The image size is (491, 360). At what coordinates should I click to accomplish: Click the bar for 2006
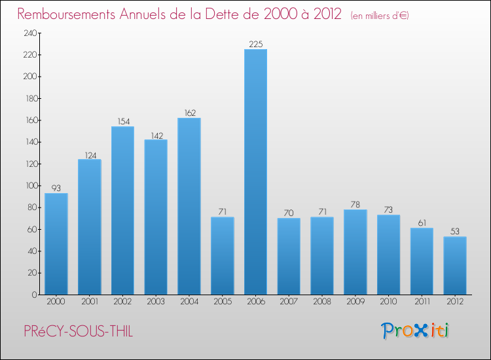[255, 171]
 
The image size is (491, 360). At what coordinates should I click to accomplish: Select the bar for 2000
[56, 243]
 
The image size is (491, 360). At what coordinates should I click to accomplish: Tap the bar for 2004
[189, 206]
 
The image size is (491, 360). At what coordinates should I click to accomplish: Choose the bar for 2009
[355, 252]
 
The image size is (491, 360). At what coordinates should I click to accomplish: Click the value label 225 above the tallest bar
[255, 45]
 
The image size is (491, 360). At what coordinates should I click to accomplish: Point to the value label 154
[122, 122]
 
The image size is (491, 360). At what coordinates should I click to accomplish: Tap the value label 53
[454, 232]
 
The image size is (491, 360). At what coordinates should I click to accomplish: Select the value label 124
[89, 155]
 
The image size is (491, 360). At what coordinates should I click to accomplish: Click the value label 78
[355, 205]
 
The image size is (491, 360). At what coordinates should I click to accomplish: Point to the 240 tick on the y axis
[29, 33]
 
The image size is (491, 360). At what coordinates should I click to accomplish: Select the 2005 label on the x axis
[222, 302]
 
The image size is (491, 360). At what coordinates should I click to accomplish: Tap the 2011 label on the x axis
[422, 302]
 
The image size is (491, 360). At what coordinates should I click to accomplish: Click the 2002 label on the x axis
[122, 302]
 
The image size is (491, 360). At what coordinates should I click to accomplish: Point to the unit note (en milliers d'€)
[379, 15]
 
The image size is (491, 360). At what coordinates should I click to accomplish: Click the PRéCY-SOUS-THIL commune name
[78, 332]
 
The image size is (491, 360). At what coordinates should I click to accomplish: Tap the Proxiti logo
[416, 331]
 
